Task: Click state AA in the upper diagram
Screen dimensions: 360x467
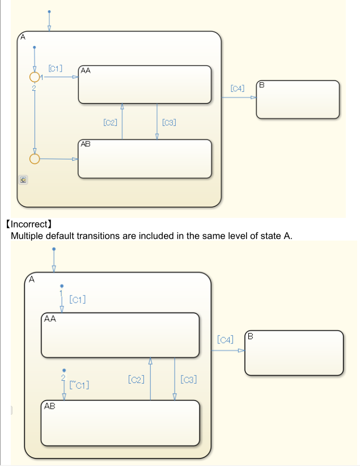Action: pyautogui.click(x=145, y=85)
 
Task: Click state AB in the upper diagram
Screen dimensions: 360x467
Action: pyautogui.click(x=145, y=159)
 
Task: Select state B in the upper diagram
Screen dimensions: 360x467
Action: pyautogui.click(x=298, y=100)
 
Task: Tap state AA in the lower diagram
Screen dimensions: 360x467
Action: pyautogui.click(x=120, y=335)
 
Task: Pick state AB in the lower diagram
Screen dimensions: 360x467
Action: pyautogui.click(x=120, y=423)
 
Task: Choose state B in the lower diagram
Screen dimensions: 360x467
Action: pyautogui.click(x=294, y=353)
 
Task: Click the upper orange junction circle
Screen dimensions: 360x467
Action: pyautogui.click(x=35, y=77)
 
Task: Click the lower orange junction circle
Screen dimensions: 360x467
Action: pyautogui.click(x=35, y=158)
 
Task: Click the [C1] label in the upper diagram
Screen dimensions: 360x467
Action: pyautogui.click(x=56, y=69)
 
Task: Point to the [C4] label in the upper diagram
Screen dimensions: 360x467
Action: pyautogui.click(x=238, y=89)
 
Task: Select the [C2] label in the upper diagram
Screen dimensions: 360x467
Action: pyautogui.click(x=110, y=122)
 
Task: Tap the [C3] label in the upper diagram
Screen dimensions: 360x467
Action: pyautogui.click(x=168, y=122)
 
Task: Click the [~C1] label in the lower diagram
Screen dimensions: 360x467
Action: pyautogui.click(x=79, y=385)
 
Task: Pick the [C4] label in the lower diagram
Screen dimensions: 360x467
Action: pyautogui.click(x=225, y=340)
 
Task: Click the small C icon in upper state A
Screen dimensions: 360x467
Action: pyautogui.click(x=23, y=180)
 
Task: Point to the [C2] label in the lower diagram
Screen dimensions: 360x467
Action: pyautogui.click(x=136, y=379)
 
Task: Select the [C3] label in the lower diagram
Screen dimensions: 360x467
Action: pyautogui.click(x=189, y=379)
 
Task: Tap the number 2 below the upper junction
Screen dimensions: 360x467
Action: pyautogui.click(x=34, y=88)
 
